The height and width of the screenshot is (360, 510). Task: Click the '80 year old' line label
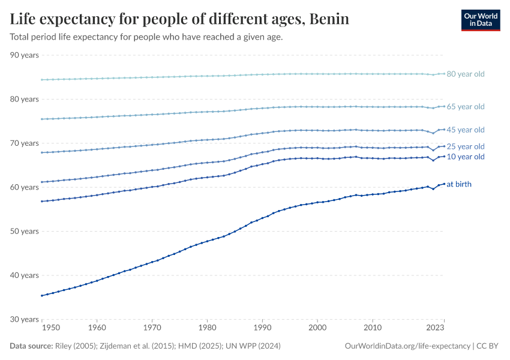click(x=466, y=74)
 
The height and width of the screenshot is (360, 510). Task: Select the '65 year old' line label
click(x=466, y=107)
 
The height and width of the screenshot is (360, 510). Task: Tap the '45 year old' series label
click(x=466, y=130)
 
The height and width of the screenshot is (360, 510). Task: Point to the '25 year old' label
click(x=466, y=146)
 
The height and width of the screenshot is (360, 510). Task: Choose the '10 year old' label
click(x=466, y=157)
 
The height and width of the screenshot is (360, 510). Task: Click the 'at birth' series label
click(x=459, y=184)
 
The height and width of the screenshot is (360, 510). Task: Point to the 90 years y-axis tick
click(x=24, y=55)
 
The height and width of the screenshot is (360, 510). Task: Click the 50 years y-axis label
click(x=24, y=231)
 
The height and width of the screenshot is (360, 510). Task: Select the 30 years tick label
click(x=24, y=319)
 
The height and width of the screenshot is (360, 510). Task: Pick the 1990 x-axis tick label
click(x=262, y=328)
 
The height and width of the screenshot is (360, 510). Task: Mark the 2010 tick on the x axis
click(x=373, y=328)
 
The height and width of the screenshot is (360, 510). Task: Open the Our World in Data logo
click(x=480, y=20)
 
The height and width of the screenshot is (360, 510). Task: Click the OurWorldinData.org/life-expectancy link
click(x=408, y=346)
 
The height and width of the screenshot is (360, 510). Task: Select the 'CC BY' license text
click(x=489, y=346)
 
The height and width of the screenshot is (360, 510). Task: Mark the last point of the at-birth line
click(x=444, y=184)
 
